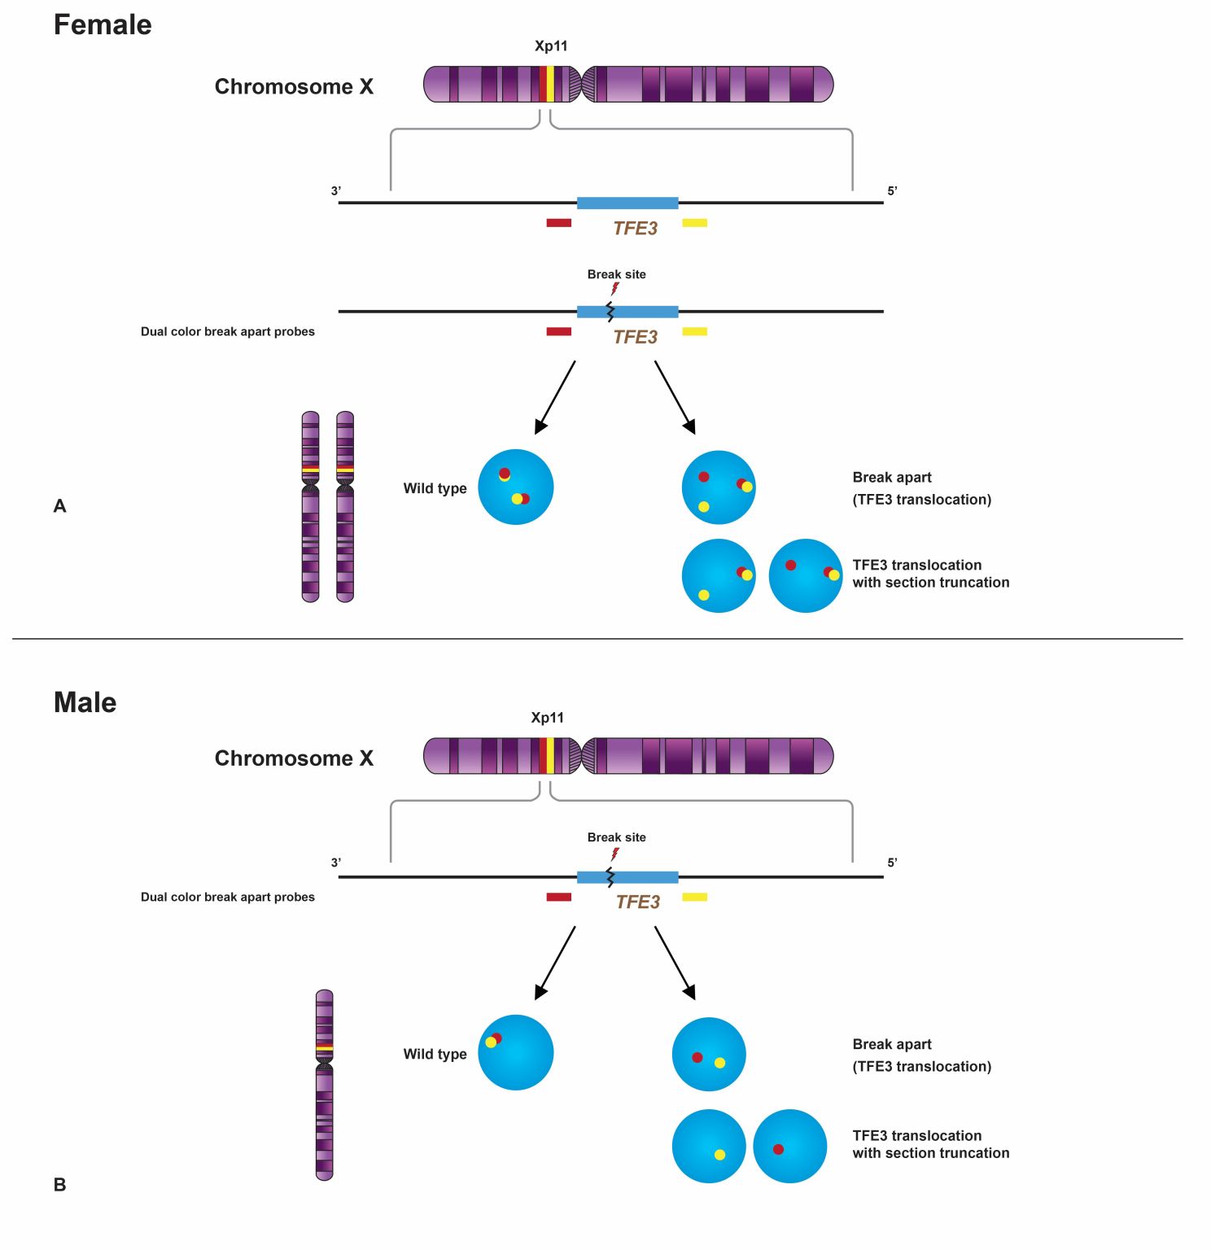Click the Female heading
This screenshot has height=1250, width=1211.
coord(103,25)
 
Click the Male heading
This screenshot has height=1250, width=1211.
coord(85,702)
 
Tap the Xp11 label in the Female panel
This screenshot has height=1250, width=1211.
coord(551,46)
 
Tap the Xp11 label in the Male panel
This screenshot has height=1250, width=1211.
coord(547,718)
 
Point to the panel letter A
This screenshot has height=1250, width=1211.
coord(59,506)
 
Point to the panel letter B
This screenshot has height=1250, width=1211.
coord(59,1185)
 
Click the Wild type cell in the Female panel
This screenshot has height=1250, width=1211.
coord(515,487)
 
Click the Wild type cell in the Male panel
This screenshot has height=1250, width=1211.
coord(515,1052)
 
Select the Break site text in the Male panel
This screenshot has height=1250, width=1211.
coord(616,837)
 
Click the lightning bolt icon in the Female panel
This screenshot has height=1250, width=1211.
coord(615,289)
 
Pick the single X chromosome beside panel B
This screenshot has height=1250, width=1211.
coord(324,1085)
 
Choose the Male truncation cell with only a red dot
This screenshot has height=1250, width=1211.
coord(789,1146)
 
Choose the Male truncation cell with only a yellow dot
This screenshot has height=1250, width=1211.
coord(709,1146)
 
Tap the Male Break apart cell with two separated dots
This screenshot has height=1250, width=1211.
coord(709,1055)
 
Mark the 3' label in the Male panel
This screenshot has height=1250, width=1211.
coord(336,863)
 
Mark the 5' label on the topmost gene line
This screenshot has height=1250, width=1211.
coord(892,191)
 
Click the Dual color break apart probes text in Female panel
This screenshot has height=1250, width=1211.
coord(227,332)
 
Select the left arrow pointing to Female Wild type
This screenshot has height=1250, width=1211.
coord(555,397)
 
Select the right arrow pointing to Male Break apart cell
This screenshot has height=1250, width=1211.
coord(675,963)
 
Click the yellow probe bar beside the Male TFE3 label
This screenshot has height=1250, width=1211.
coord(694,897)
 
